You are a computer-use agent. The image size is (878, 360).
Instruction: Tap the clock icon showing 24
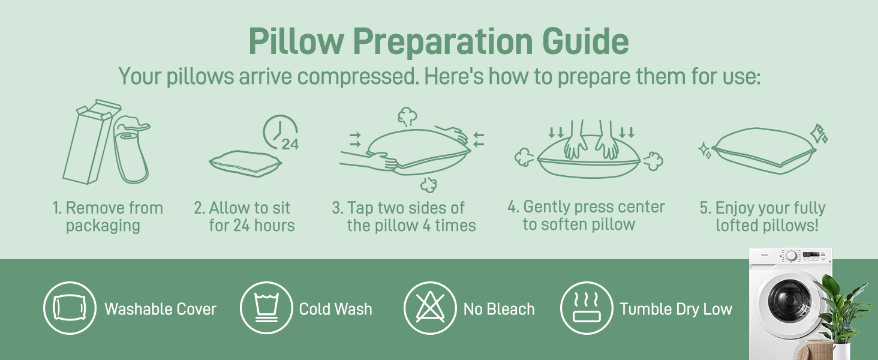click(x=281, y=133)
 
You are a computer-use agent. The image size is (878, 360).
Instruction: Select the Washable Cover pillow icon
click(x=70, y=308)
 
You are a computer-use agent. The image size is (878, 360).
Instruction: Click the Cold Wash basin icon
click(x=266, y=308)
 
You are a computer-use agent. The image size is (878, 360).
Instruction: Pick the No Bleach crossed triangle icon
click(x=430, y=308)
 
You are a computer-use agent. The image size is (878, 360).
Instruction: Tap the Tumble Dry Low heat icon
click(x=587, y=308)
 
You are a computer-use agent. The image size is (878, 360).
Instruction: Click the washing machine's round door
click(x=790, y=299)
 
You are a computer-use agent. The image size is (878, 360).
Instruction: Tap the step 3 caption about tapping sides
click(x=404, y=217)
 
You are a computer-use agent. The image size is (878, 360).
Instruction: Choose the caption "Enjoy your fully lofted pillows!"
click(x=762, y=217)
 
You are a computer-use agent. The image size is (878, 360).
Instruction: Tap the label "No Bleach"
click(x=499, y=309)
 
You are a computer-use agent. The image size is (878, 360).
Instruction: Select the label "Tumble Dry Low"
click(x=676, y=309)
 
